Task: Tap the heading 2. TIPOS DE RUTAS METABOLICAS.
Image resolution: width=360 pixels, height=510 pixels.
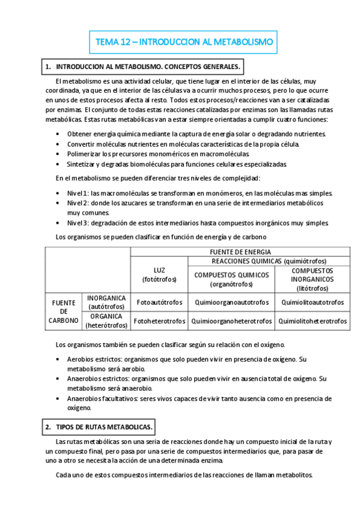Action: pos(100,426)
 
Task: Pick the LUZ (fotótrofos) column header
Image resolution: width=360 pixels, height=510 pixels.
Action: pos(159,274)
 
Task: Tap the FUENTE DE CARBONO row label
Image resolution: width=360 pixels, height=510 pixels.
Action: pos(64,312)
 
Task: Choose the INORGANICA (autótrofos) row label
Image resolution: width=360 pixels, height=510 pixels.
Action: pos(106,302)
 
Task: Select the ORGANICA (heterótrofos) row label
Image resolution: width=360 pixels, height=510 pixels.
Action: pos(106,321)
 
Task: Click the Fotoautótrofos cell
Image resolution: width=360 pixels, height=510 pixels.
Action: pos(159,302)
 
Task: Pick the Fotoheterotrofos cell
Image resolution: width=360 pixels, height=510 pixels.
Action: pos(159,321)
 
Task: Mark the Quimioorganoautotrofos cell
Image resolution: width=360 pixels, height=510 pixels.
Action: pos(231,302)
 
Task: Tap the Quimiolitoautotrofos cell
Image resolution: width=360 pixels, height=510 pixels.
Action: pos(312,302)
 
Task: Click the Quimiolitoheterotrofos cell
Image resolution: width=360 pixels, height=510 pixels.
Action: pos(312,321)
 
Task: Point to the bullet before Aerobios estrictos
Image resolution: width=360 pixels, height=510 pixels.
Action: pos(57,360)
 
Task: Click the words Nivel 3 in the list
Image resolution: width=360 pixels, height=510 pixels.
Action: pos(78,223)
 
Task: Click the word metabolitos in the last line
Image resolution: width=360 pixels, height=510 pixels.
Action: pos(293,475)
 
